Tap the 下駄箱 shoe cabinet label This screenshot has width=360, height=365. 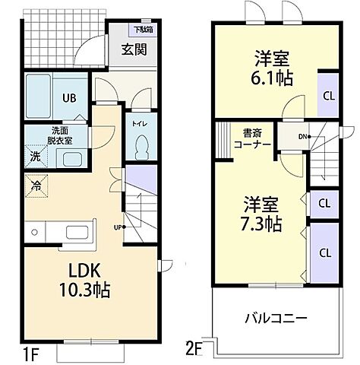(142, 30)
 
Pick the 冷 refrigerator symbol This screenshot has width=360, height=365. (36, 185)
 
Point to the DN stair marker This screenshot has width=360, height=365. (302, 138)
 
